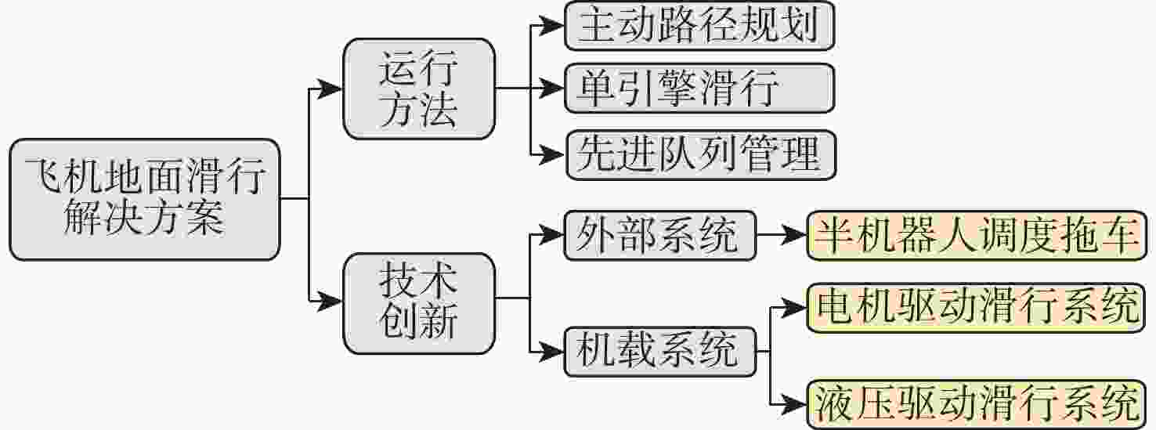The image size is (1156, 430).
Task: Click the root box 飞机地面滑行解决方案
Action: [x=145, y=199]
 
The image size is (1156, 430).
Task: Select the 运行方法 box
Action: [x=419, y=89]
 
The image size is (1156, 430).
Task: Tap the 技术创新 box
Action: [x=419, y=304]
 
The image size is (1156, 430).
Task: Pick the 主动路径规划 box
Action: [x=699, y=26]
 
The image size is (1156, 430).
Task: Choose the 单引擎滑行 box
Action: [x=699, y=89]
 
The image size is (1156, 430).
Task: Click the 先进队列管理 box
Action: [x=701, y=155]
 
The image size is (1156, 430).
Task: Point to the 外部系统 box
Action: [x=660, y=236]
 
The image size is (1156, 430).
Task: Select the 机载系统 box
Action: [x=660, y=352]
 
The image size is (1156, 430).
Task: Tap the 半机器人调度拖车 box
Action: [x=977, y=236]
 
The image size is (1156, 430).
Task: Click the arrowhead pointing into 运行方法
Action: [x=329, y=89]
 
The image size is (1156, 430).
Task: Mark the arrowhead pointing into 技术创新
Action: [x=329, y=301]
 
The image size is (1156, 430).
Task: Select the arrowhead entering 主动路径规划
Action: [x=551, y=26]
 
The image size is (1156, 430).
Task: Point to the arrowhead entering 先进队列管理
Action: [x=552, y=155]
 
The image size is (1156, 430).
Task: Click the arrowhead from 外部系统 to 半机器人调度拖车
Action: [x=793, y=236]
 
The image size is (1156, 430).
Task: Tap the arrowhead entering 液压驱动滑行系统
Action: [x=793, y=404]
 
